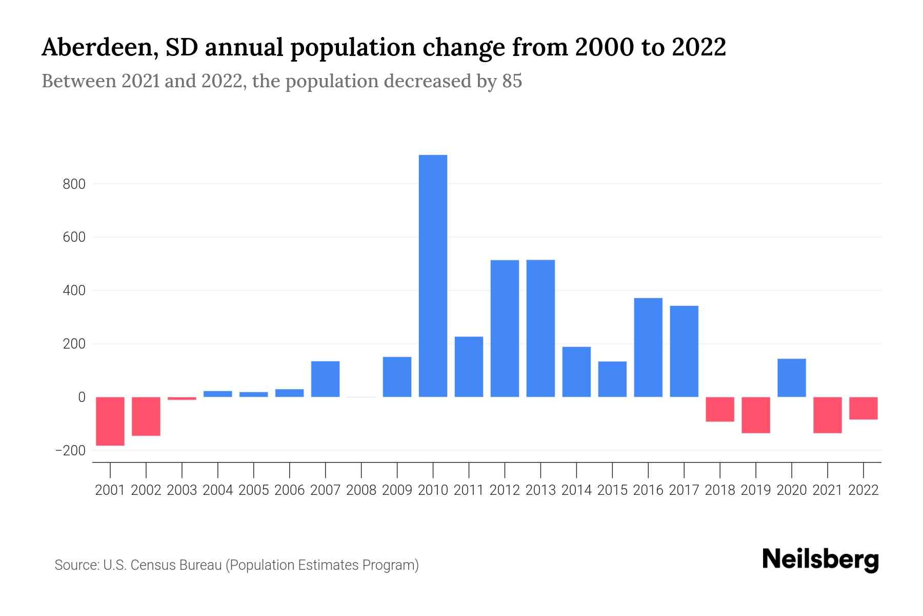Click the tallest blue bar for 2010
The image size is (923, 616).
point(433,276)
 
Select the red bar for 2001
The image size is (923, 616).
point(110,421)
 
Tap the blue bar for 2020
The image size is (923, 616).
point(792,378)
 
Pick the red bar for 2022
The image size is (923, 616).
point(864,408)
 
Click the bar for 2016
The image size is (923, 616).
point(648,348)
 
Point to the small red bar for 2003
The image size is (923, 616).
point(182,398)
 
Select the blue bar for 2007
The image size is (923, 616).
point(326,379)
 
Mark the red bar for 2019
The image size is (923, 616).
point(756,415)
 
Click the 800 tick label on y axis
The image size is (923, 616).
point(74,184)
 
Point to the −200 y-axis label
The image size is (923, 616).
point(70,451)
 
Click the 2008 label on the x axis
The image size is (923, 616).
point(362,491)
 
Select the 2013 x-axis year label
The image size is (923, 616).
point(540,491)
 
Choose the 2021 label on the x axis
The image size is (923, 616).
point(828,491)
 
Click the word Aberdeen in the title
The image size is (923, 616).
point(96,48)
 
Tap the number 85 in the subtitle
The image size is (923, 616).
point(512,82)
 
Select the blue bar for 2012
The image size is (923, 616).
point(505,329)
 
